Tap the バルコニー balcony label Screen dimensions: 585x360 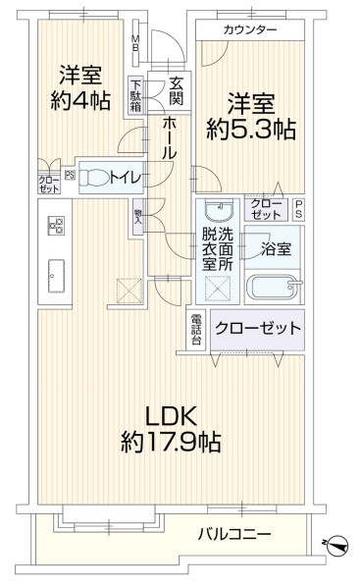tap(233, 534)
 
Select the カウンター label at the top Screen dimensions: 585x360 tap(250, 31)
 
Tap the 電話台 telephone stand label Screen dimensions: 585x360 tap(196, 329)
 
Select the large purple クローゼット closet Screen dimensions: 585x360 tap(257, 329)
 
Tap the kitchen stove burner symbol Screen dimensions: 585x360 tap(55, 226)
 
